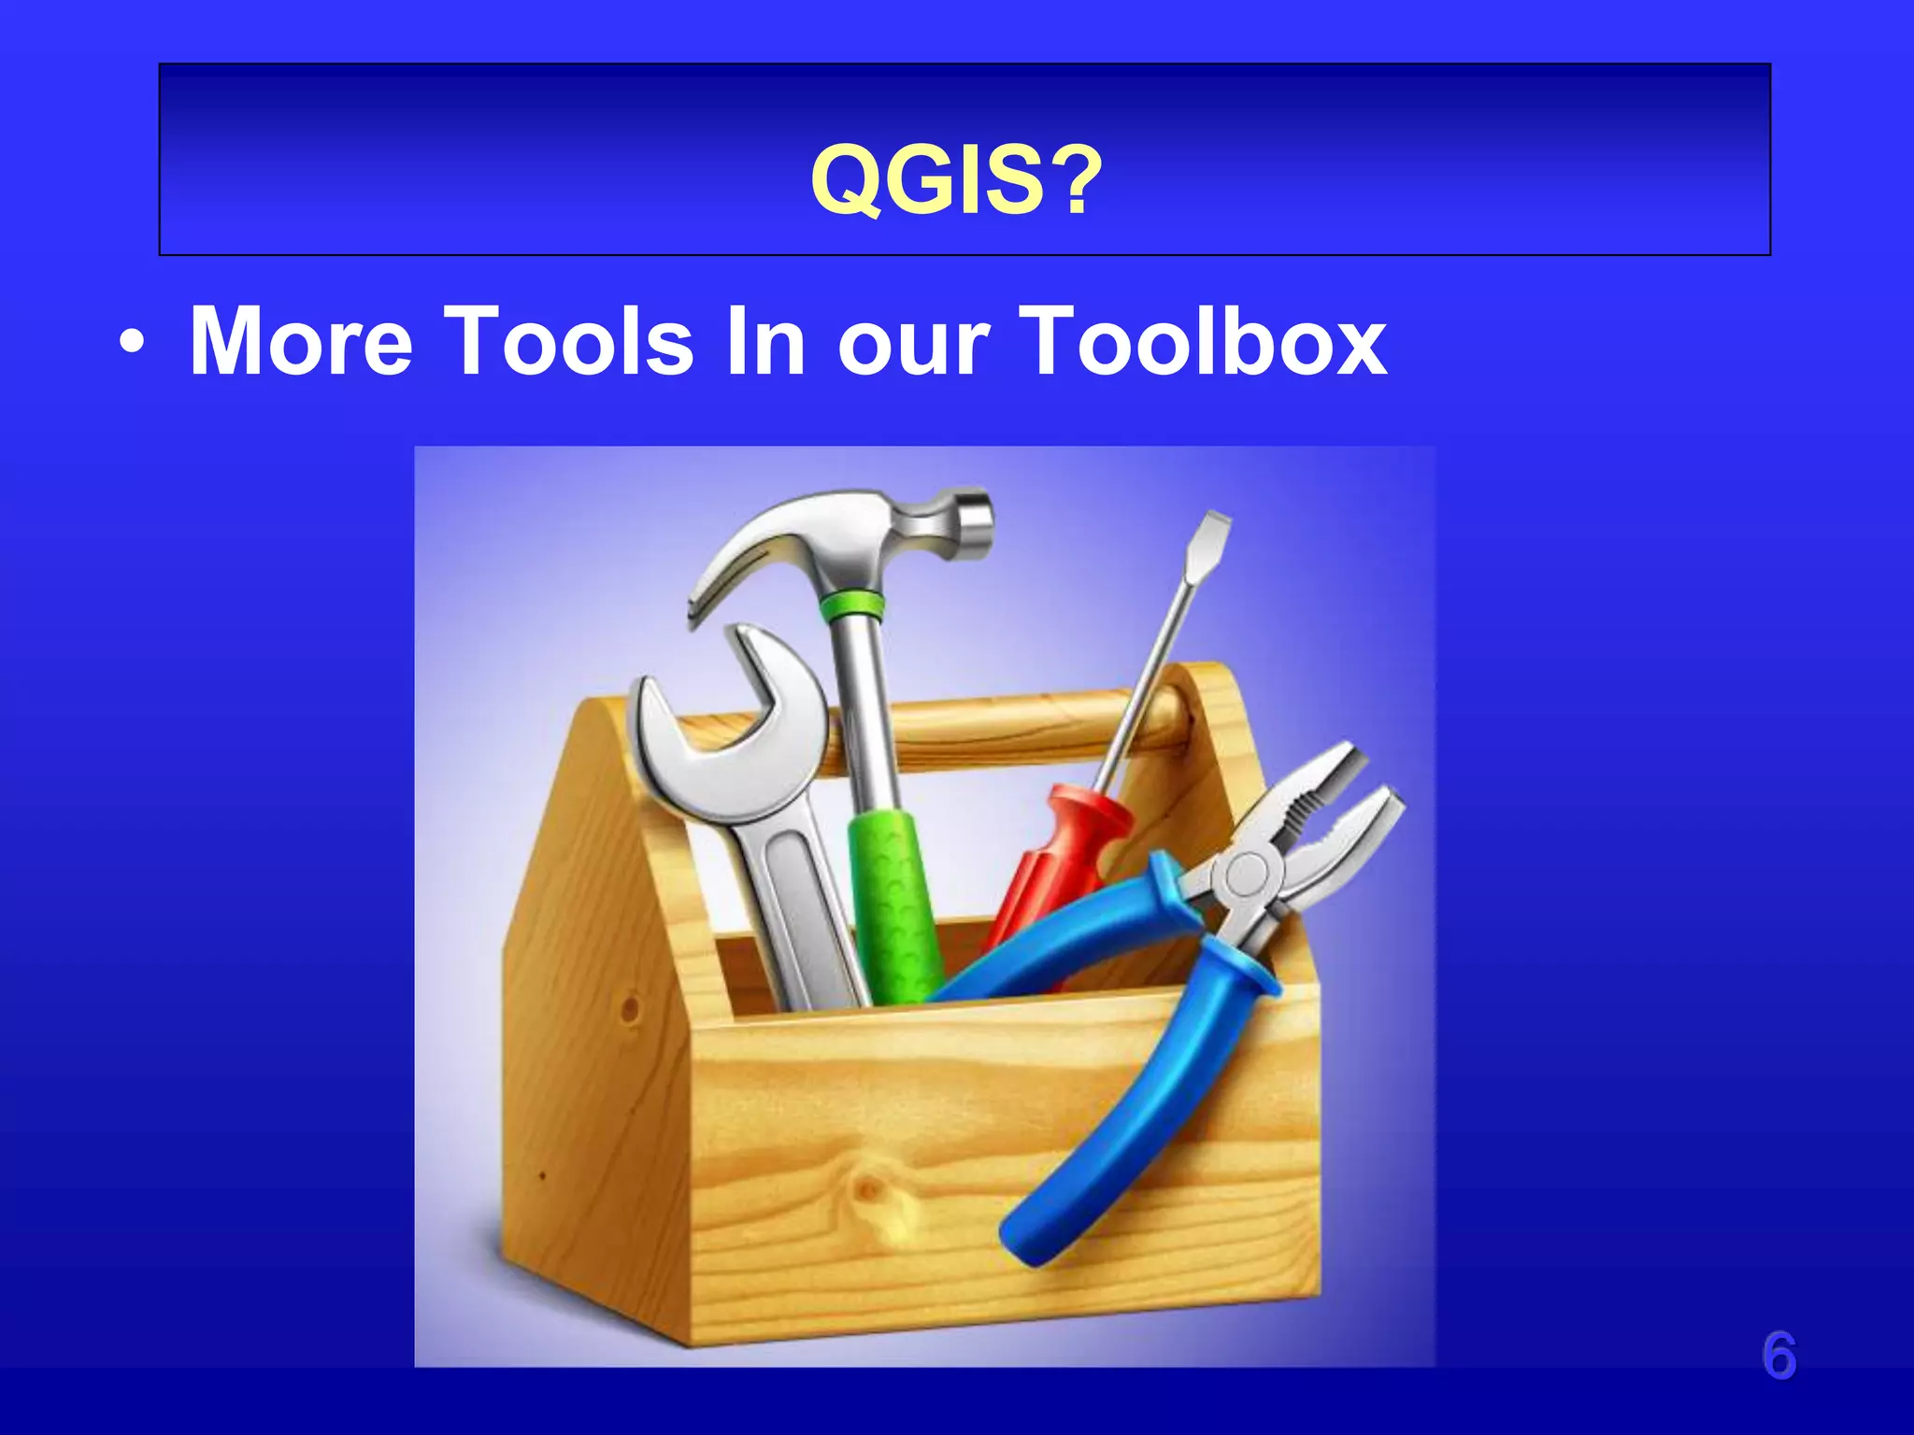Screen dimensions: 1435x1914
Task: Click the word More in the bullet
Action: pyautogui.click(x=300, y=342)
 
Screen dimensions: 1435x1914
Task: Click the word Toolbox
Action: pyautogui.click(x=1203, y=342)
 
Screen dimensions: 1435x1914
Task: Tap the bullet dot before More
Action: pyautogui.click(x=132, y=344)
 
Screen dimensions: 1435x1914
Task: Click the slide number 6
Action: pyautogui.click(x=1778, y=1357)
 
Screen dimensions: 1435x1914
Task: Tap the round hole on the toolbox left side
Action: pyautogui.click(x=629, y=1009)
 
